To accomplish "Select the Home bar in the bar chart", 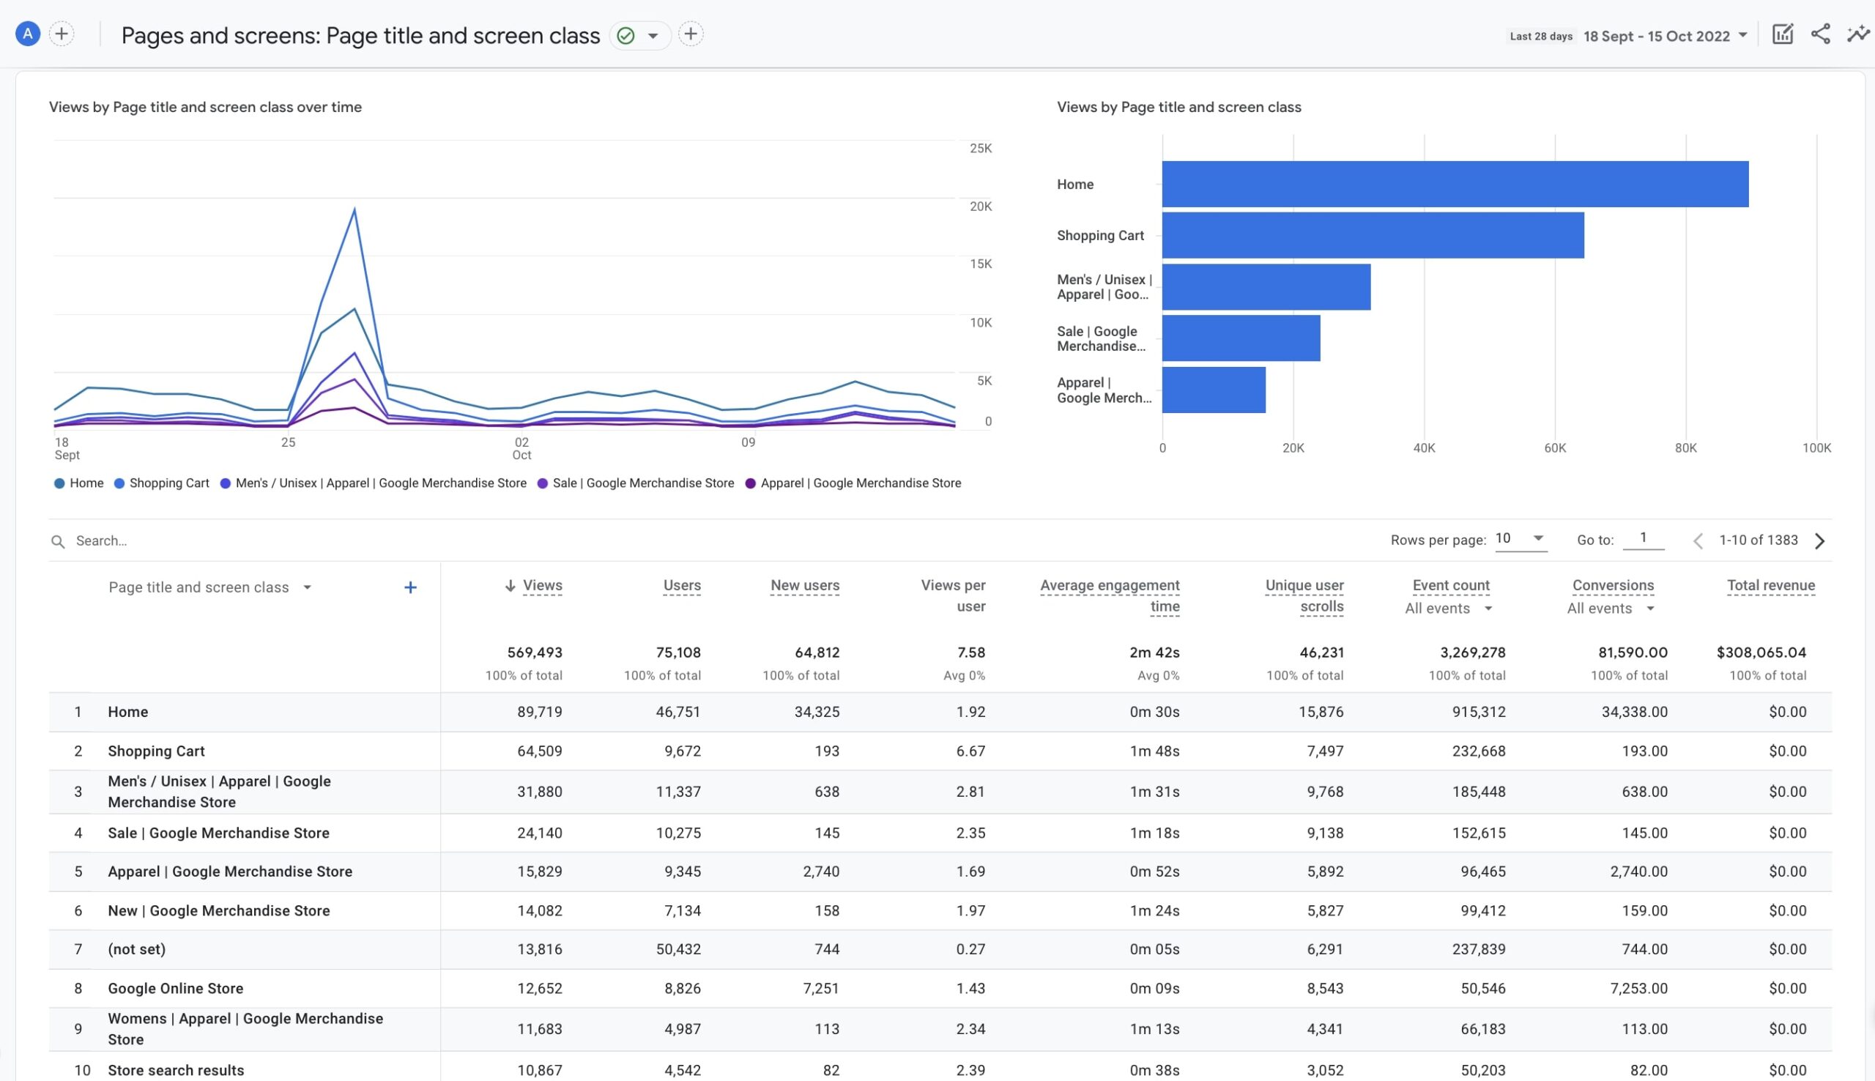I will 1454,184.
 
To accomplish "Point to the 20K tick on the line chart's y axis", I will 980,207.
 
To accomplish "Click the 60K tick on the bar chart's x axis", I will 1554,447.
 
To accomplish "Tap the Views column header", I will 542,586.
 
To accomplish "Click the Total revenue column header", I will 1770,586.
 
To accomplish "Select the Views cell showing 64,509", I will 539,751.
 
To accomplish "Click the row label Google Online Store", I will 175,988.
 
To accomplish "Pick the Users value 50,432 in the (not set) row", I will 677,950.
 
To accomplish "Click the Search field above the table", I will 223,541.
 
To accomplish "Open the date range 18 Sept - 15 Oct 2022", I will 1663,37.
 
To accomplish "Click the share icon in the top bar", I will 1819,34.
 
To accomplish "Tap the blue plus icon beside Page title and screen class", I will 409,588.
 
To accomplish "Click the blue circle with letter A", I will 27,34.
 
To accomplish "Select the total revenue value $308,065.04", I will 1761,653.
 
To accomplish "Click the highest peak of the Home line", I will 354,308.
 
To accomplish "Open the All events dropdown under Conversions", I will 1610,609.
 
